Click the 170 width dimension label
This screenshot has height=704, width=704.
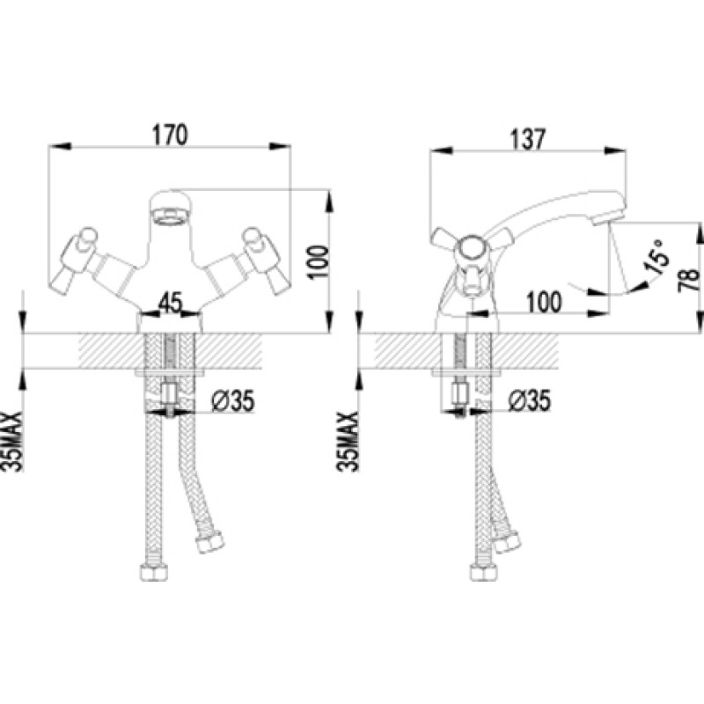pos(170,135)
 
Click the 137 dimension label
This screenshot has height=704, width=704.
pos(527,139)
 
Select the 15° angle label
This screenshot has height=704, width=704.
pos(656,257)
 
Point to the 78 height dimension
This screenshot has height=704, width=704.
pos(689,279)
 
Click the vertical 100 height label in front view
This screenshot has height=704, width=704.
pos(318,262)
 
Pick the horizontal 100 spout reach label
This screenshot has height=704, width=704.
pos(544,302)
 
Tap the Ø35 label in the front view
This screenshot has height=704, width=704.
pos(233,400)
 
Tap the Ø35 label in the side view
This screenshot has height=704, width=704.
pos(530,400)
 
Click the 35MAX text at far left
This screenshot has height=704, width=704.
pos(12,442)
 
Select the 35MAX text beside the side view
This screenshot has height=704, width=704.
pos(348,442)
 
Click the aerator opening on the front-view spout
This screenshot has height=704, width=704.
pos(170,217)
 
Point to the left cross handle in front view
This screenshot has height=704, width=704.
pos(77,261)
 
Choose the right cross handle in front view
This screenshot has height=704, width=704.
pos(265,261)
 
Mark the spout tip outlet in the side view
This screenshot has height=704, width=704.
pos(607,221)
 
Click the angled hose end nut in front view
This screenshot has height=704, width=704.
pos(209,542)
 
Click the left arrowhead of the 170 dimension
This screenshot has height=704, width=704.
pos(60,146)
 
